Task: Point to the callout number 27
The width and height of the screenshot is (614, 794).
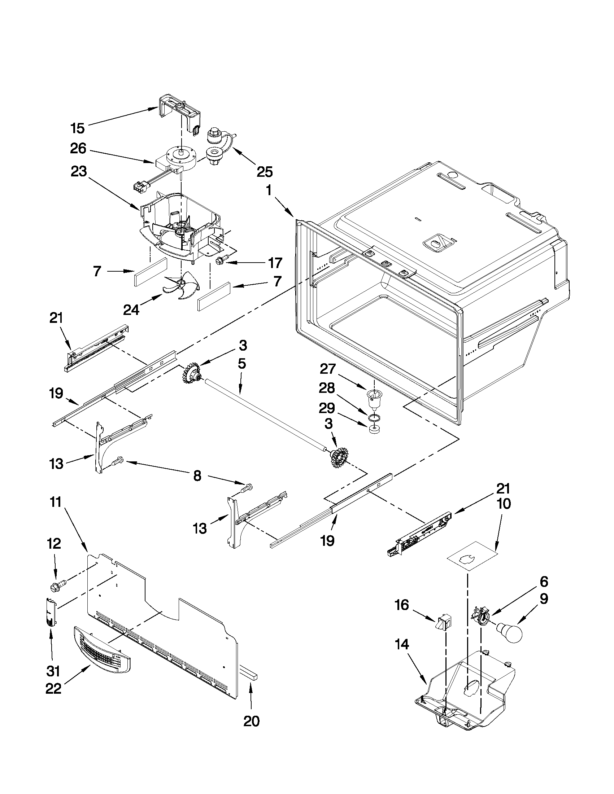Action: coord(327,369)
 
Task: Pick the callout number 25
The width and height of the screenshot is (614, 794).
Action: coord(265,172)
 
